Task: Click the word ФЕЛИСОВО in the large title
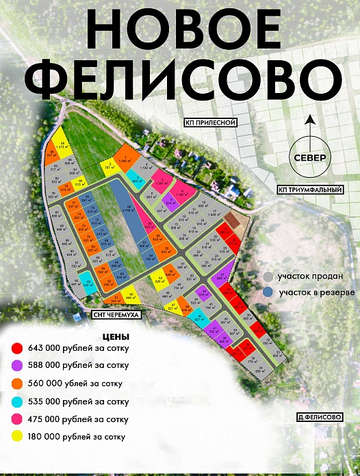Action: [x=180, y=81]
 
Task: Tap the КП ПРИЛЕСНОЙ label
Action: [x=210, y=123]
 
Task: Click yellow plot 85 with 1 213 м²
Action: [x=61, y=144]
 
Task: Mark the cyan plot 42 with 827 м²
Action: [x=199, y=317]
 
